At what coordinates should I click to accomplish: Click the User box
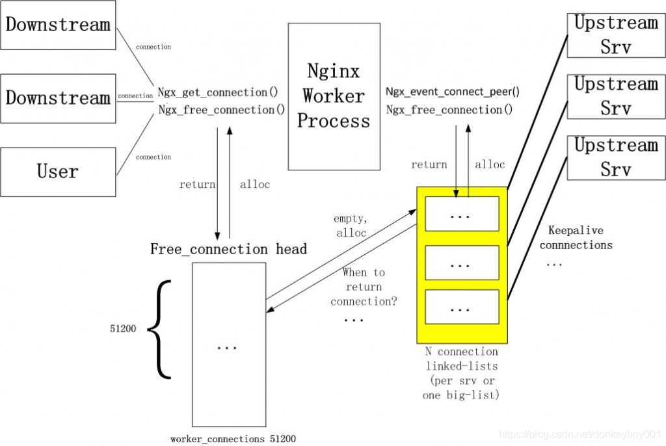tap(58, 172)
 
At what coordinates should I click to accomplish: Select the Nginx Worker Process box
tap(334, 96)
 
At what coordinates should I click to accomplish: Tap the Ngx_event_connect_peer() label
tap(452, 92)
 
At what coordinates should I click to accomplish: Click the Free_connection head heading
tap(228, 249)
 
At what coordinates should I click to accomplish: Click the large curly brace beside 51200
tap(159, 329)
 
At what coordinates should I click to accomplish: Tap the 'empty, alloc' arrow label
tap(352, 226)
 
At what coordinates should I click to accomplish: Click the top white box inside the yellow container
tap(462, 213)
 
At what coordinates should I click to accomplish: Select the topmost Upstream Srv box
tap(615, 35)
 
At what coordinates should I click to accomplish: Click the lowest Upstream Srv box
tap(615, 157)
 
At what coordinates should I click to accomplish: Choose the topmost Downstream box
tap(58, 25)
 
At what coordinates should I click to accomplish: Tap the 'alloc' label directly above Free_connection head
tap(254, 185)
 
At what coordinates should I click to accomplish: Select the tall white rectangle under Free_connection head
tap(230, 344)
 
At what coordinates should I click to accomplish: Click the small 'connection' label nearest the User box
tap(153, 157)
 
